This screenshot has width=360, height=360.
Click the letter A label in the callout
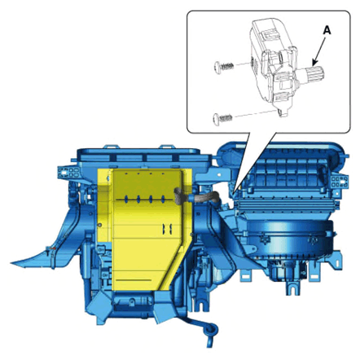(x=327, y=31)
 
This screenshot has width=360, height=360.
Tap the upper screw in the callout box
(x=224, y=66)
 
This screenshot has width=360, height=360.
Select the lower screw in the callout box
(x=222, y=119)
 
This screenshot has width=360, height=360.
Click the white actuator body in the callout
(x=273, y=65)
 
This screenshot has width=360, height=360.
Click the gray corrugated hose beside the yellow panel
(x=196, y=196)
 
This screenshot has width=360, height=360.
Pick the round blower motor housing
(x=290, y=239)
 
